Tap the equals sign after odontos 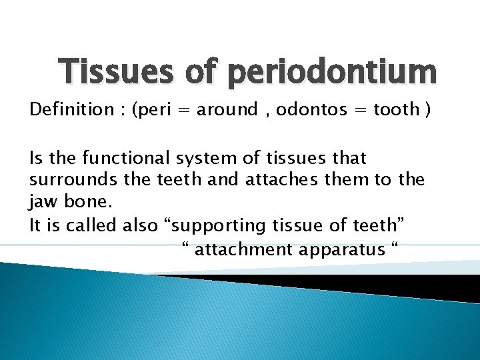tap(361, 110)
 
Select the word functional tap(119, 158)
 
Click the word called tap(94, 226)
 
